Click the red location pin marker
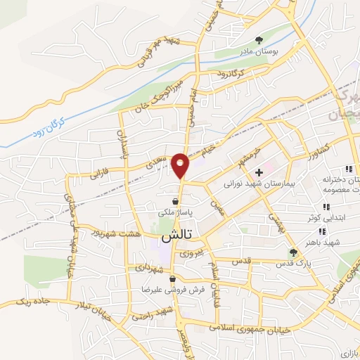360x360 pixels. (181, 165)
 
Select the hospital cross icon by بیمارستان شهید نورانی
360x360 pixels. (259, 172)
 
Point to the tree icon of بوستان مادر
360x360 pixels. (259, 39)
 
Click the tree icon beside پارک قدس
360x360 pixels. (294, 252)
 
